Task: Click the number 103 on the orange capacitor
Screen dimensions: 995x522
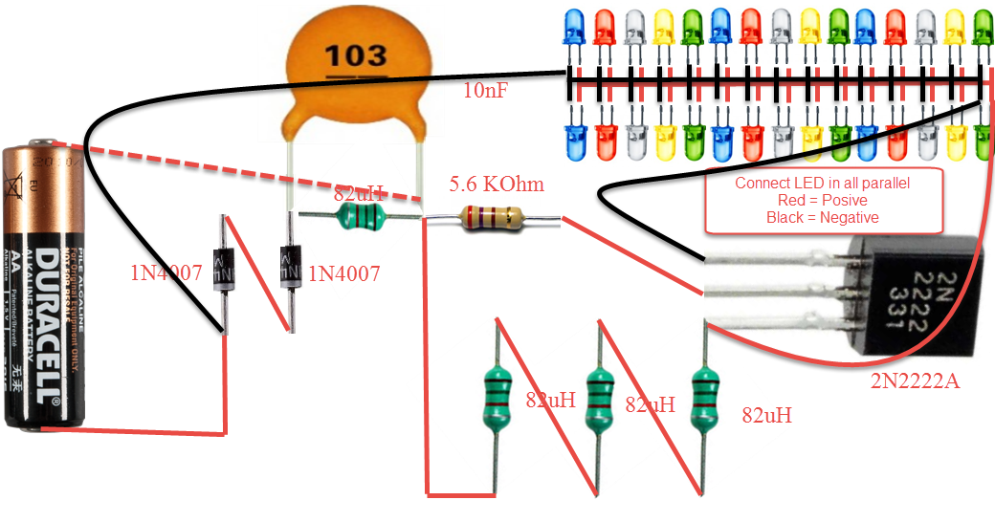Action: tap(355, 54)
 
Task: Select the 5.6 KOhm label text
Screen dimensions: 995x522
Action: tap(489, 183)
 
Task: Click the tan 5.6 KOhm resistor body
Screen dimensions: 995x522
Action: tap(492, 219)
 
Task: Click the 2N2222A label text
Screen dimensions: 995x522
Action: tap(915, 382)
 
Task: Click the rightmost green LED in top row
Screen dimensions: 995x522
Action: tap(982, 29)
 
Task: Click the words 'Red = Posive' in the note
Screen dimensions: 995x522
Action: tap(822, 200)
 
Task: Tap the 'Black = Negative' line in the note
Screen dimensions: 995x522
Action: tap(822, 217)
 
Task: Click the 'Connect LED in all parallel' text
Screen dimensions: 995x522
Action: tap(822, 183)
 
